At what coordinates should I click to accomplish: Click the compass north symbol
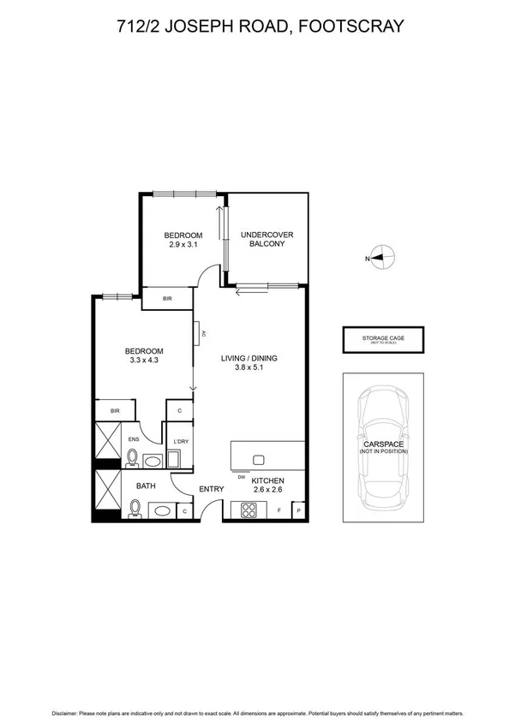coord(383,257)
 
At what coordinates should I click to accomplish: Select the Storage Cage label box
coord(385,340)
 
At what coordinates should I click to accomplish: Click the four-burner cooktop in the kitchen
coord(251,510)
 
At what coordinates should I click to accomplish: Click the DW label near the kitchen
coord(243,478)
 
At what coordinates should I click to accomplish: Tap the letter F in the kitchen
coord(279,510)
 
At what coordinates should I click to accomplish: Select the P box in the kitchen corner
coord(298,511)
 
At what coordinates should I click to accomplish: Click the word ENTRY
coord(211,489)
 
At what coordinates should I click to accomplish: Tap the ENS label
coord(134,439)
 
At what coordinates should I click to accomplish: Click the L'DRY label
coord(181,441)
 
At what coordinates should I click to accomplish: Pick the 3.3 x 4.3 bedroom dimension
coord(144,361)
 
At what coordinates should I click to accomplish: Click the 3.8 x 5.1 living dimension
coord(250,369)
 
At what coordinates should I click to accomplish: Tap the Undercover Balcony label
coord(262,239)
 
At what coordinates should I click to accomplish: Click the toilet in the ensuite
coord(132,459)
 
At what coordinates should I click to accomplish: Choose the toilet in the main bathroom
coord(134,509)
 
